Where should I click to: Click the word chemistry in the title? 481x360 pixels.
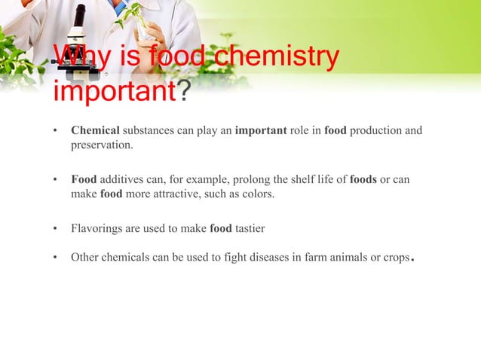[x=278, y=58]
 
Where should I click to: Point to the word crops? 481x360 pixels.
[x=397, y=258]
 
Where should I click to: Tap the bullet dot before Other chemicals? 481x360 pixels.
[x=55, y=258]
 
